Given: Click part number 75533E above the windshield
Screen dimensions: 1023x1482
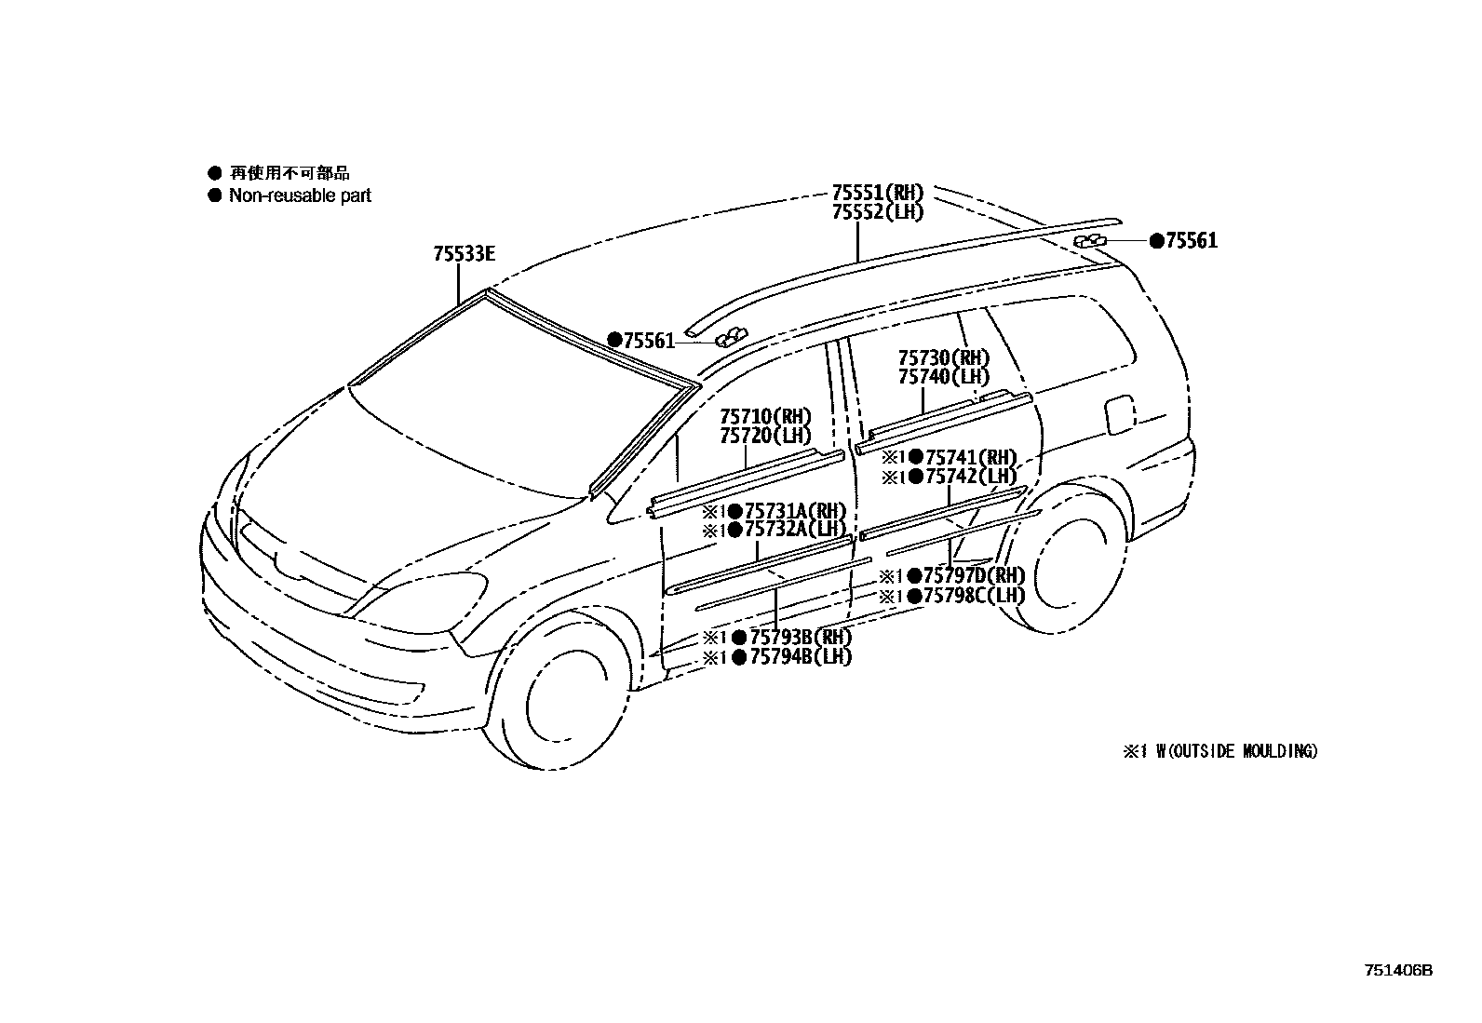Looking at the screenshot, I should (x=464, y=253).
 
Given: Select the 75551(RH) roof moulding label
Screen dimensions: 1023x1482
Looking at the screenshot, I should (x=877, y=193).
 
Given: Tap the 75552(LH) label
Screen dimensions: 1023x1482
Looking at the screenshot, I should (x=877, y=212).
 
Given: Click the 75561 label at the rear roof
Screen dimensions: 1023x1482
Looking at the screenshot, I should (x=1191, y=241).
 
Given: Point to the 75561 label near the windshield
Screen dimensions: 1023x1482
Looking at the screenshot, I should (x=648, y=341).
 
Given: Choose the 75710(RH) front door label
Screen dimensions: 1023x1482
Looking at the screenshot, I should (x=764, y=415).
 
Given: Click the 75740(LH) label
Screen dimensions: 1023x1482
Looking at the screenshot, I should (x=943, y=377).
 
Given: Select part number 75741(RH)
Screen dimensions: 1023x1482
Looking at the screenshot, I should (x=970, y=457).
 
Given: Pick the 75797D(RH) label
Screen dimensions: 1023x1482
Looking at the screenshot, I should (x=973, y=576).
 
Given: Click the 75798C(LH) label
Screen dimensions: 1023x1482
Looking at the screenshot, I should (x=973, y=596).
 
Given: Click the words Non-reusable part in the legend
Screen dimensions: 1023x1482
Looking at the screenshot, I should (x=300, y=195).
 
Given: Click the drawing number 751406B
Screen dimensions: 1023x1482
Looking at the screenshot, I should (x=1398, y=970).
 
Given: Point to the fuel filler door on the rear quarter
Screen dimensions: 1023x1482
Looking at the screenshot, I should (x=1120, y=415).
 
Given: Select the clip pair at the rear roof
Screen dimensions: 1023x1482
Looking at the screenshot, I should (x=1090, y=242).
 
